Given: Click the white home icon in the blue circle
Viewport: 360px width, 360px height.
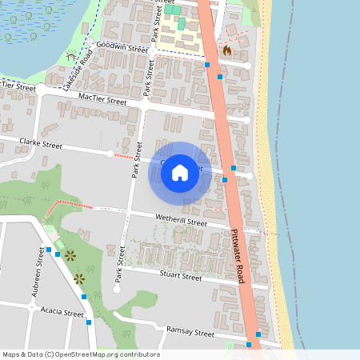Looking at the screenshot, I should tap(180, 171).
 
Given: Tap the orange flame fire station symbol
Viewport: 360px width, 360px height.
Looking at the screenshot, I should tap(228, 50).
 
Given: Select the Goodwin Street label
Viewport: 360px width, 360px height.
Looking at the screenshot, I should tap(122, 48).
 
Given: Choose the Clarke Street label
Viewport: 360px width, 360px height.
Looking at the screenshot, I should tap(41, 146).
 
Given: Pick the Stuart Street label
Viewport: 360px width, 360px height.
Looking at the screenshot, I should tap(181, 277).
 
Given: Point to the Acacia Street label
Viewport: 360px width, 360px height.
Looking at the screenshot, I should tap(62, 314).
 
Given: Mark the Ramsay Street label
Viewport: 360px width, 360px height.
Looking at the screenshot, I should tap(190, 332).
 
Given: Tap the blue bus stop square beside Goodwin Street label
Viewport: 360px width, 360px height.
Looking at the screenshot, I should tap(207, 64).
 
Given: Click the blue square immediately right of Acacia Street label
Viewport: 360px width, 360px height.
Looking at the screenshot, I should tap(88, 322).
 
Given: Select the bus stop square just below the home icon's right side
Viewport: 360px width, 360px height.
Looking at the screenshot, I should tap(225, 180).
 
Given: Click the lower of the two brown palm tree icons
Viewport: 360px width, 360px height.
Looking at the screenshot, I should tap(79, 278).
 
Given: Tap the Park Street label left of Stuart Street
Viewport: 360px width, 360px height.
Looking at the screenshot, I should tap(120, 264).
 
